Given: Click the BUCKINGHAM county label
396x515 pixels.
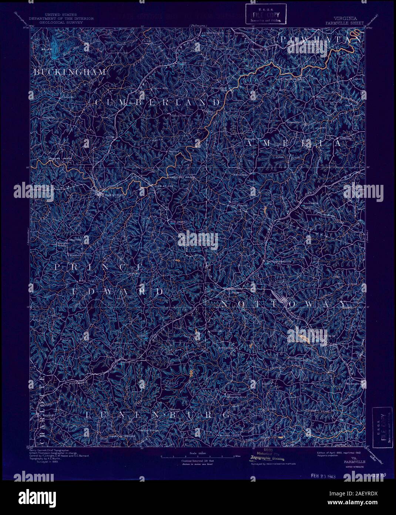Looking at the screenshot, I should (x=70, y=72).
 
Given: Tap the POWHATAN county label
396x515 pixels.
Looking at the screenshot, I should (x=321, y=39).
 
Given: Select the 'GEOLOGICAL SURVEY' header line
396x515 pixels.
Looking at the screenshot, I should (x=63, y=23).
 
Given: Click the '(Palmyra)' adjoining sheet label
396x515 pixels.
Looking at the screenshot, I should (x=198, y=26).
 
